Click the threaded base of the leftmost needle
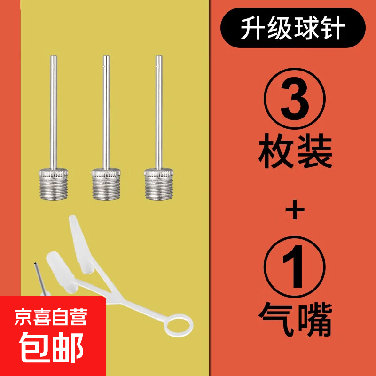pyautogui.click(x=53, y=184)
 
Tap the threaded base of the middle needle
pyautogui.click(x=106, y=184)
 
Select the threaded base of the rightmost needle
pyautogui.click(x=159, y=184)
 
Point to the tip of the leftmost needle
pyautogui.click(x=53, y=56)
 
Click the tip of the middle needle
pyautogui.click(x=106, y=56)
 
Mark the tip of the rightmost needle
pyautogui.click(x=159, y=56)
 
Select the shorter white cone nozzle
pyautogui.click(x=61, y=272)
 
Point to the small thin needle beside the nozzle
pyautogui.click(x=40, y=279)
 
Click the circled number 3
pyautogui.click(x=295, y=99)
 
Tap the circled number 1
pyautogui.click(x=295, y=267)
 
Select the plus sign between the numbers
pyautogui.click(x=295, y=210)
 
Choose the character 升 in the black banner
pyautogui.click(x=253, y=28)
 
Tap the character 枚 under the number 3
pyautogui.click(x=276, y=151)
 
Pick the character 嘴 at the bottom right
pyautogui.click(x=314, y=320)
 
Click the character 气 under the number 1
pyautogui.click(x=276, y=320)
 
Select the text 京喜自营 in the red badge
pyautogui.click(x=51, y=317)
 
